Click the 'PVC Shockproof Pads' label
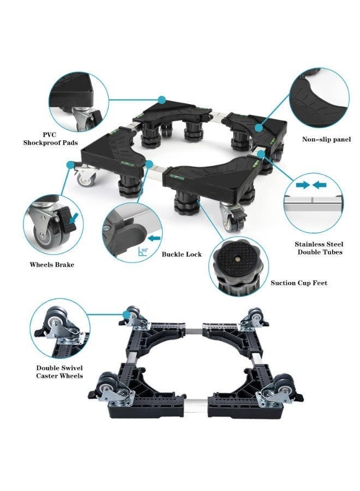pos(50,139)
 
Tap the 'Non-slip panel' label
pos(326,139)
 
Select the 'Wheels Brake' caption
pos(52,265)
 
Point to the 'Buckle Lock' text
pos(182,254)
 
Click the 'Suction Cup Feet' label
pos(299,283)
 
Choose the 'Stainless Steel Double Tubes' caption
pos(319,248)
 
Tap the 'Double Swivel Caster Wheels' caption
pos(59,372)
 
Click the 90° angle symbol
pos(143,252)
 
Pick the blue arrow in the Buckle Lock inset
pos(154,238)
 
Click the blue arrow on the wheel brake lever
pos(74,218)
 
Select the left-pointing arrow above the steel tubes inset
pos(319,185)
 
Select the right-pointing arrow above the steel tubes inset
pos(303,185)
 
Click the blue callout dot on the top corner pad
pos(162,100)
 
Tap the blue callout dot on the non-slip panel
pos(258,128)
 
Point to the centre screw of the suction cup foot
pos(238,259)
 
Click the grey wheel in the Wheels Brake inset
pos(43,234)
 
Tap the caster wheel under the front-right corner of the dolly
pos(232,220)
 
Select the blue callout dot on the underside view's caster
pos(127,314)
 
